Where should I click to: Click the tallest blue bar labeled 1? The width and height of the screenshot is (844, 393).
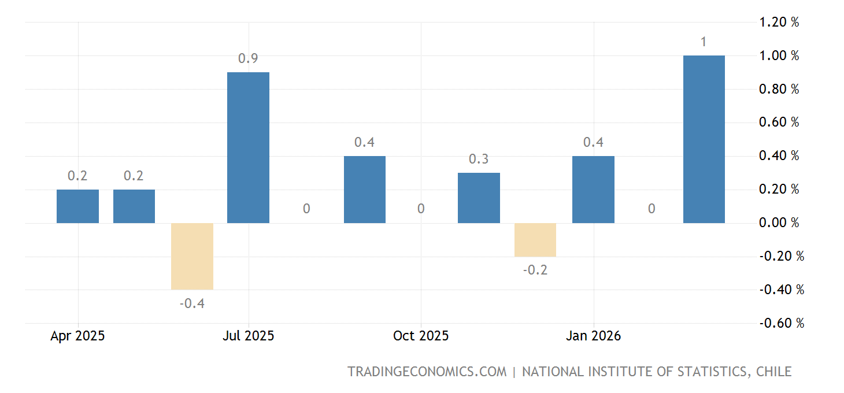[x=704, y=139]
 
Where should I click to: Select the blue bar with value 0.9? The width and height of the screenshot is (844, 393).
[x=248, y=147]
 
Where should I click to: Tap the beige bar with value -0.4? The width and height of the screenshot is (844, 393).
[x=192, y=256]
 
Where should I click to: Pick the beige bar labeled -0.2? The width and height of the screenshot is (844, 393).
[x=535, y=240]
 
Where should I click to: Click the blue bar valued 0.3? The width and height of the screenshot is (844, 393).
[x=479, y=198]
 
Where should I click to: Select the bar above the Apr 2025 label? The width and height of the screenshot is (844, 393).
[x=77, y=206]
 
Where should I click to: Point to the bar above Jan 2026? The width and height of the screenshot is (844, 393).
[x=593, y=190]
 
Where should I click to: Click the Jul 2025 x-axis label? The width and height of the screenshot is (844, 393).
[x=248, y=336]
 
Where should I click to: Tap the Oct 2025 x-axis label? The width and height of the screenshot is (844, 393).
[x=420, y=336]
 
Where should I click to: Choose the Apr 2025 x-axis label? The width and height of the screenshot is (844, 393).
[x=77, y=336]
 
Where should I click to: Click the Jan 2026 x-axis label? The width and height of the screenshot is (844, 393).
[x=593, y=336]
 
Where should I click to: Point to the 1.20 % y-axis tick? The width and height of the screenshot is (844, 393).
[x=779, y=23]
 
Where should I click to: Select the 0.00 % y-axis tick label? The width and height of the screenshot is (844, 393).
[x=779, y=223]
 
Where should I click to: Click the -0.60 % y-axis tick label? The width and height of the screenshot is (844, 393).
[x=782, y=323]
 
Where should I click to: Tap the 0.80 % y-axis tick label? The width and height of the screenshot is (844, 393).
[x=779, y=90]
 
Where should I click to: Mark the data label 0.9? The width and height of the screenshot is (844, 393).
[x=248, y=58]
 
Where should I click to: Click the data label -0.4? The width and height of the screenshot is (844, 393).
[x=192, y=303]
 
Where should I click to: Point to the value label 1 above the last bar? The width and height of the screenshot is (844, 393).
[x=704, y=42]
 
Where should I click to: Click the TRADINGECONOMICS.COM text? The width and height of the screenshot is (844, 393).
[x=427, y=372]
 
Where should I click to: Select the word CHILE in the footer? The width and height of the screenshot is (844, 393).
[x=773, y=372]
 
